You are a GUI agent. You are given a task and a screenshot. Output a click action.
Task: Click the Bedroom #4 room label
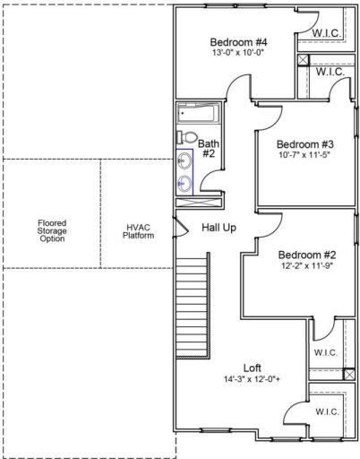click(238, 41)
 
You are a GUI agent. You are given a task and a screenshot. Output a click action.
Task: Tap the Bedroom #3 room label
click(304, 144)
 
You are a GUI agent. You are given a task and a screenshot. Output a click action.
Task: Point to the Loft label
click(253, 367)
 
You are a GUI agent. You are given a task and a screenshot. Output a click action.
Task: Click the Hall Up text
click(219, 228)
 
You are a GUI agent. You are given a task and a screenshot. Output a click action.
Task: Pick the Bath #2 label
click(209, 148)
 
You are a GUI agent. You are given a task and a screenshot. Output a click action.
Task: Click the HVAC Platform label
click(139, 231)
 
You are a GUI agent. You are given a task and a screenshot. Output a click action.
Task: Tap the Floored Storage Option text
click(52, 231)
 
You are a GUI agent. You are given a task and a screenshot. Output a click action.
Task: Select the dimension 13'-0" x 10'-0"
click(238, 54)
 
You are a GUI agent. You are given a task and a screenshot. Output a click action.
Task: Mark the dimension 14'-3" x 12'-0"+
click(253, 379)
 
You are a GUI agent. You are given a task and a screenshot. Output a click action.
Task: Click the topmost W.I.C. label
click(326, 34)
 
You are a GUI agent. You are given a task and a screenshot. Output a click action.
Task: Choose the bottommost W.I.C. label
click(326, 411)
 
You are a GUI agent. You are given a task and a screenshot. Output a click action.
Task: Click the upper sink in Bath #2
click(185, 161)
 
